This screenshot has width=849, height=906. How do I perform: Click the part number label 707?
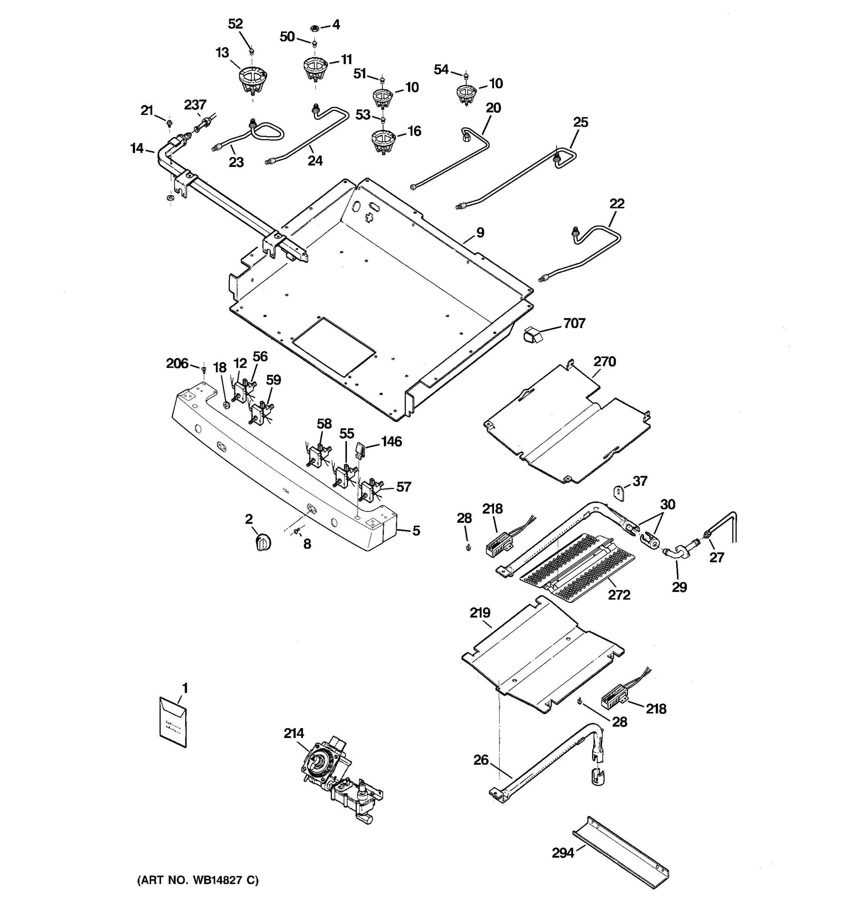(x=574, y=323)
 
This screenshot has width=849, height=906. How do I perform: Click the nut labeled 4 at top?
(x=314, y=29)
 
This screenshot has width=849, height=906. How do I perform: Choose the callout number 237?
(x=195, y=105)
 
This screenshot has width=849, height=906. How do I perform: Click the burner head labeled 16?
(x=383, y=141)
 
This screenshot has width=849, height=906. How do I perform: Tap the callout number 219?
(x=480, y=613)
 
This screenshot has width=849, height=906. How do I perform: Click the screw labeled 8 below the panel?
(x=297, y=530)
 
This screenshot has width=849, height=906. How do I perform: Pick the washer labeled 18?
(x=226, y=404)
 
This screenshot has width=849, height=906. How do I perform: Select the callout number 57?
(x=403, y=487)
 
